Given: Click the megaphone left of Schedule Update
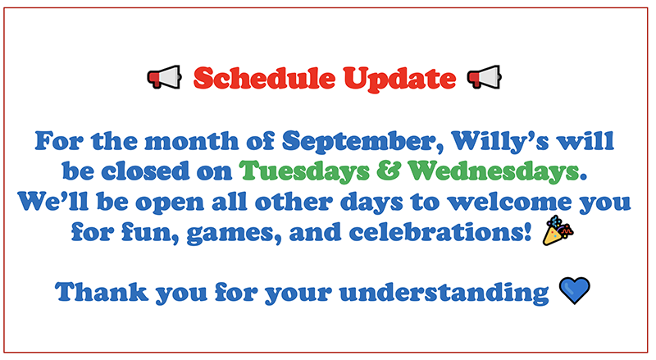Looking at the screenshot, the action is [x=165, y=77].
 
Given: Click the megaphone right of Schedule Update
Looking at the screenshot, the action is [x=484, y=77].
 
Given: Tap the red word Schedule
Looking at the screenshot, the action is [x=264, y=78].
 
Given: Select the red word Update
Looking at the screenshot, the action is [x=399, y=80].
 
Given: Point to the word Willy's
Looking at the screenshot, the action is [x=500, y=142].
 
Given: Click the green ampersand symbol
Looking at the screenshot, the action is [x=389, y=171].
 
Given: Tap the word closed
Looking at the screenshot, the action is [x=145, y=171].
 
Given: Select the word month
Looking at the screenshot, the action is [x=192, y=141].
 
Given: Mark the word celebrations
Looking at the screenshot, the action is [x=440, y=232].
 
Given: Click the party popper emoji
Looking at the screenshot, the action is [x=558, y=230].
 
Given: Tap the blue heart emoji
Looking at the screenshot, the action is [x=575, y=290].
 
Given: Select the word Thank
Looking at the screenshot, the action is [x=102, y=291].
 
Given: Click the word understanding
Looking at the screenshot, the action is [x=444, y=293].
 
